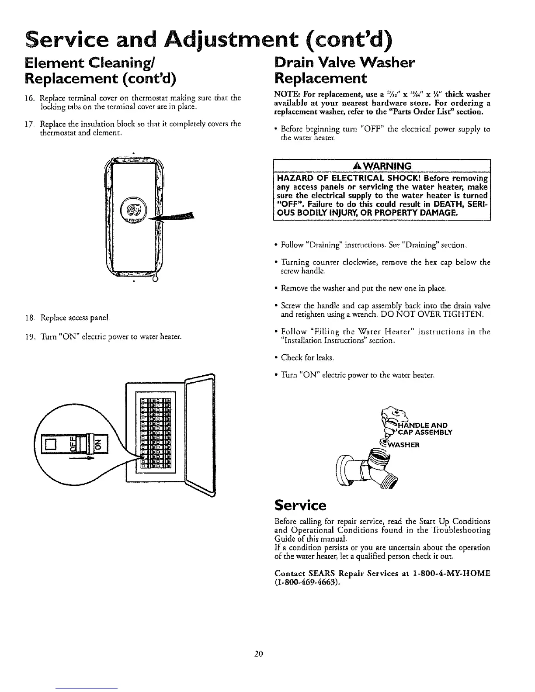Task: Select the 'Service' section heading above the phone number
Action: pos(300,505)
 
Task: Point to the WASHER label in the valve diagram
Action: pos(404,446)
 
